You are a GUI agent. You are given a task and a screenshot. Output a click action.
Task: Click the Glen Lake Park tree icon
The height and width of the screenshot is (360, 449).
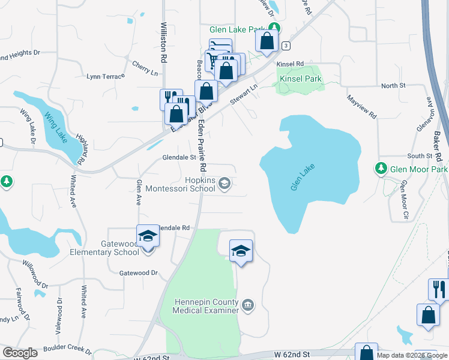274,28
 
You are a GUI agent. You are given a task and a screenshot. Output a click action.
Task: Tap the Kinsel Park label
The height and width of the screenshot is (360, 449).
299,78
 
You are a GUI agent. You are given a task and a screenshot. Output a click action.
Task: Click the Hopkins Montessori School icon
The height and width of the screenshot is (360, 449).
224,184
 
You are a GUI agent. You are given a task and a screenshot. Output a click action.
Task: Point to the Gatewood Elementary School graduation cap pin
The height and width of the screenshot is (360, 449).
147,236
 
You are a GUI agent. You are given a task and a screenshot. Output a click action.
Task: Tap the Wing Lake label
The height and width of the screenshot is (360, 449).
55,123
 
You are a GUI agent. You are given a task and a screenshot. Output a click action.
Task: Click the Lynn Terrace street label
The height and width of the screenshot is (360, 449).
106,76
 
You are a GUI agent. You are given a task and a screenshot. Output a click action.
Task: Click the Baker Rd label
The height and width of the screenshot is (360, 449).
437,146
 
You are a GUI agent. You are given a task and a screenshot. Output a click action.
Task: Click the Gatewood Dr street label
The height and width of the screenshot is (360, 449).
138,272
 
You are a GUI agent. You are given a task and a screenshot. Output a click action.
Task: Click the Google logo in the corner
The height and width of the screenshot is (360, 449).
20,353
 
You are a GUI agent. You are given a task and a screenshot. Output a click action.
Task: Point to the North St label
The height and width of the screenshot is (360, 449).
393,86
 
